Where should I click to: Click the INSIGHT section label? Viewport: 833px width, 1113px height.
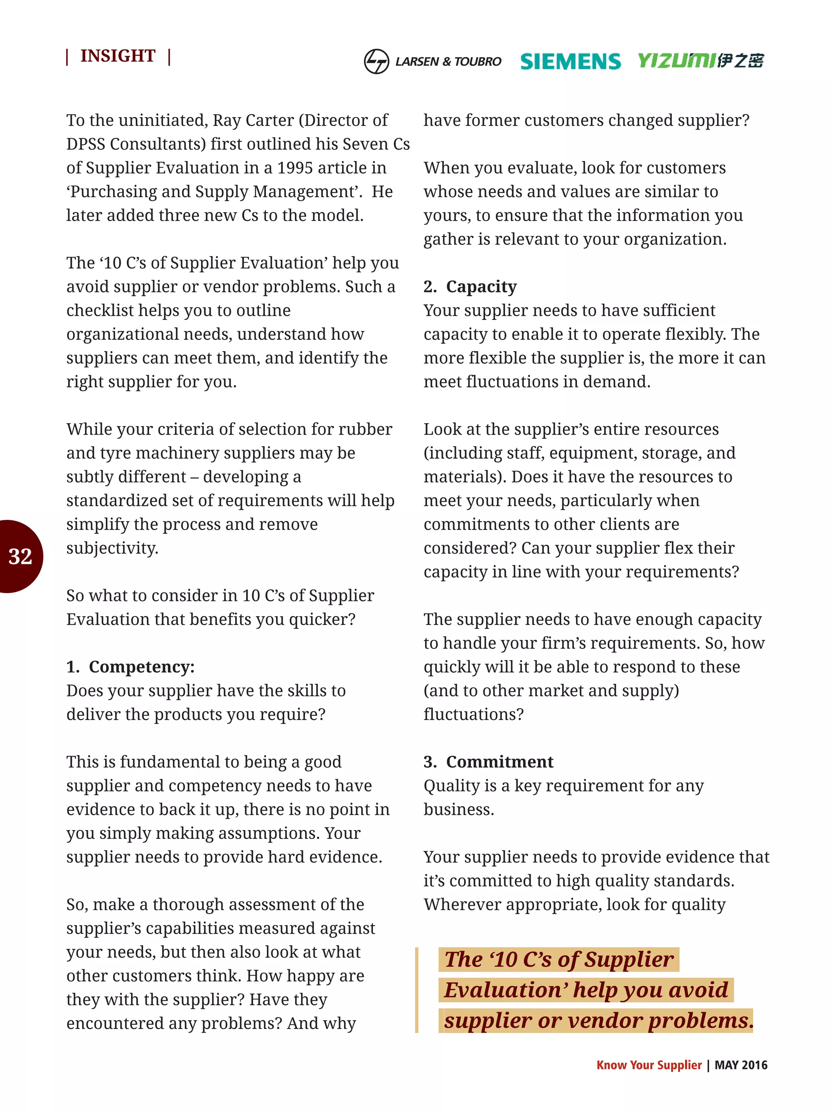pos(118,56)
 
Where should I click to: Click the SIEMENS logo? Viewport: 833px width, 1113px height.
pos(570,61)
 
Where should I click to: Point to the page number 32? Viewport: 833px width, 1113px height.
pos(20,556)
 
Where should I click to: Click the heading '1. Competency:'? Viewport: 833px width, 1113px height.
pos(131,667)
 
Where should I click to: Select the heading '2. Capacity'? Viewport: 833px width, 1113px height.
pos(470,286)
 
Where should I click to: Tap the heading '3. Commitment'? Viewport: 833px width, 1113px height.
pos(488,762)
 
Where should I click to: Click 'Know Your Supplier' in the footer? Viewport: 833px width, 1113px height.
pos(648,1065)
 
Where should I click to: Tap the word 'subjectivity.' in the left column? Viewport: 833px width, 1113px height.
pos(112,548)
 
